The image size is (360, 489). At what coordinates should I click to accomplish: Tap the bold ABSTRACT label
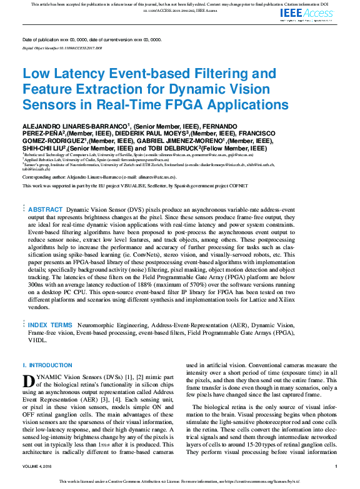click(x=46, y=209)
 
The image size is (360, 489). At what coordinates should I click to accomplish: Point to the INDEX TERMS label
click(x=51, y=325)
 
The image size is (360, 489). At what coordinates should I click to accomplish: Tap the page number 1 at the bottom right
click(x=336, y=467)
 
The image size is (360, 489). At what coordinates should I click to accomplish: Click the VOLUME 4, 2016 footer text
click(x=40, y=467)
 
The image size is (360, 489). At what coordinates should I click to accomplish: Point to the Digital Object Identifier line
click(x=62, y=47)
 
